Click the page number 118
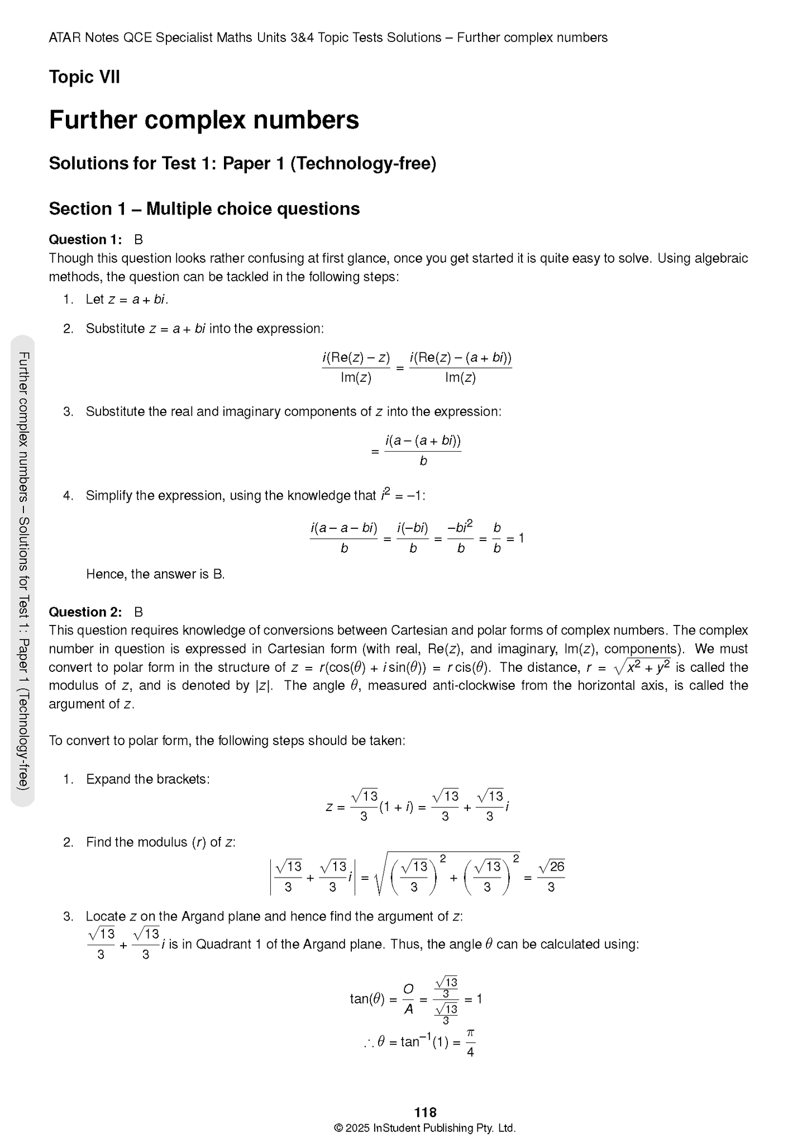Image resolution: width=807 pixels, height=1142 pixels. pos(425,1112)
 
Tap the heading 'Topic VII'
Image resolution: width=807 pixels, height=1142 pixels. pos(84,77)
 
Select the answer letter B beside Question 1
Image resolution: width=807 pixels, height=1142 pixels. pos(139,240)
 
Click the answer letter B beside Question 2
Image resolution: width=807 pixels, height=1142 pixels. pos(139,612)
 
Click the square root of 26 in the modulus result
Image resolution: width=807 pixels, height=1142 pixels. pos(551,866)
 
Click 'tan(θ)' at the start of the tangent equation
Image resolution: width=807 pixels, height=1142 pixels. pos(367,998)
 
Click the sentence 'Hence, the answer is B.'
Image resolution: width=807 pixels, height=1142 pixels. pos(155,574)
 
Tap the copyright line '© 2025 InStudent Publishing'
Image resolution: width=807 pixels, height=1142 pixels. pos(424,1128)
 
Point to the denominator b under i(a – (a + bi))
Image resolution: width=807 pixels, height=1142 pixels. pos(423,461)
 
